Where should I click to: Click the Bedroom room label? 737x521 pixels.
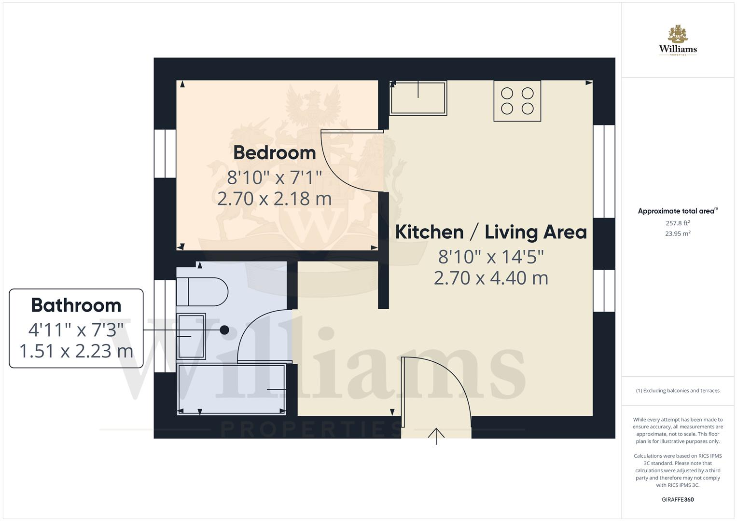(x=274, y=153)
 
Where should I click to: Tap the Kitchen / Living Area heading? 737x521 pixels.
(x=491, y=232)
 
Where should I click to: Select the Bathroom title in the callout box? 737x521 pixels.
(x=76, y=305)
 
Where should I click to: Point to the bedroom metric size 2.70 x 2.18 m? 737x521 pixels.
(x=274, y=199)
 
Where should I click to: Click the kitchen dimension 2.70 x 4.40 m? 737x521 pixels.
(x=491, y=278)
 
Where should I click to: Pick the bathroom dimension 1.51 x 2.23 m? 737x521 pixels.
(x=76, y=351)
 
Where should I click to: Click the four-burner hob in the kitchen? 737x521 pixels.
(x=517, y=100)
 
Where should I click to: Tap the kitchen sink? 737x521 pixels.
(x=418, y=98)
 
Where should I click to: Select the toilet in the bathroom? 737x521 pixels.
(x=202, y=291)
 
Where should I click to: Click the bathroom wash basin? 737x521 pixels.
(x=191, y=336)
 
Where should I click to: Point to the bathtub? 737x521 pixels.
(x=232, y=389)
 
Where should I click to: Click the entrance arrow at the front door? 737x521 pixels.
(x=436, y=435)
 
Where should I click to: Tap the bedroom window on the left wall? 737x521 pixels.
(x=165, y=153)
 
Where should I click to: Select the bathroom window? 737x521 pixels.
(x=165, y=326)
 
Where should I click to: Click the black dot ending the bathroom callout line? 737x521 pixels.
(x=224, y=330)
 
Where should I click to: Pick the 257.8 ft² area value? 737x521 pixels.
(x=678, y=223)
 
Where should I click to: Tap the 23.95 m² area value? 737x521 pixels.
(x=678, y=233)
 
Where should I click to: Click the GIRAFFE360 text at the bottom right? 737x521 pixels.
(x=678, y=499)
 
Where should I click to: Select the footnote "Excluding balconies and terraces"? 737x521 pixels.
(x=678, y=391)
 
